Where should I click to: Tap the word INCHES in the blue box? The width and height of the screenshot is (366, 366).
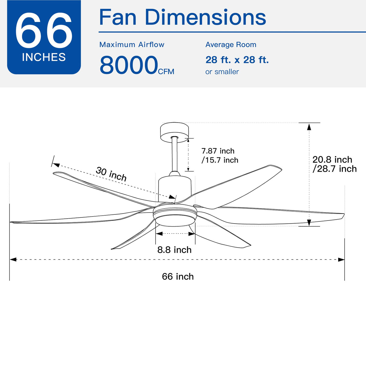pos(44,57)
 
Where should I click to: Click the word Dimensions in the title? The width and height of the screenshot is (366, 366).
pos(205,17)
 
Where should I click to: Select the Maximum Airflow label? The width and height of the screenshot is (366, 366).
pos(132,45)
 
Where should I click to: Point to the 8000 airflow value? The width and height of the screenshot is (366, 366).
pos(129,65)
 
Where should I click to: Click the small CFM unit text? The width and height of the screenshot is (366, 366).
pos(166,72)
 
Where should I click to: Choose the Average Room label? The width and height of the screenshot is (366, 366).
pos(231,45)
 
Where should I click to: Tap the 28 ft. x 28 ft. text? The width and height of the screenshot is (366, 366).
pos(237,60)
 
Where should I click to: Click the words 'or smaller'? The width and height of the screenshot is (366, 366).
pos(222,72)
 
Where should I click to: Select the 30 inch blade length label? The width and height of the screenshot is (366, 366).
pos(111,174)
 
